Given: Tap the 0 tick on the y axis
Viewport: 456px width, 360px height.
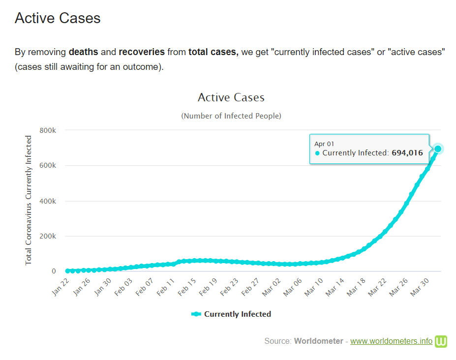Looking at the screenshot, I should [x=54, y=271].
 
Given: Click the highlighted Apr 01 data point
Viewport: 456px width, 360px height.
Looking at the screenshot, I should [x=438, y=149].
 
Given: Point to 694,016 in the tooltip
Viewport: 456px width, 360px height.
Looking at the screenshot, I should [x=407, y=153].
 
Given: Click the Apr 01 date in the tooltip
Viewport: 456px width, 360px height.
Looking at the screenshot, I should [x=324, y=144].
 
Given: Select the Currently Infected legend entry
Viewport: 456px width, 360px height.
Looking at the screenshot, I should [x=231, y=314].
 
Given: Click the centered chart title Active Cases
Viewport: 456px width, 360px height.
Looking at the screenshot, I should [x=231, y=97].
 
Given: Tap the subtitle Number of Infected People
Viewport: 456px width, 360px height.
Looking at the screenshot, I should [x=231, y=116].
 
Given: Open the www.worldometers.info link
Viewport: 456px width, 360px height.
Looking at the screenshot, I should [x=391, y=341].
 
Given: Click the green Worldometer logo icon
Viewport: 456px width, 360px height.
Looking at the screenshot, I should [x=441, y=341].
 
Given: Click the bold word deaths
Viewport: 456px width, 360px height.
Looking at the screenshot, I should [x=83, y=52].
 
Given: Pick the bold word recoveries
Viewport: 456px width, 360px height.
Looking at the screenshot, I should [x=142, y=52].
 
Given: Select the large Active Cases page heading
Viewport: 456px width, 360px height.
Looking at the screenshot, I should [x=58, y=18].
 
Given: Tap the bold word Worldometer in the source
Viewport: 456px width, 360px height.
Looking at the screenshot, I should [x=318, y=341].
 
